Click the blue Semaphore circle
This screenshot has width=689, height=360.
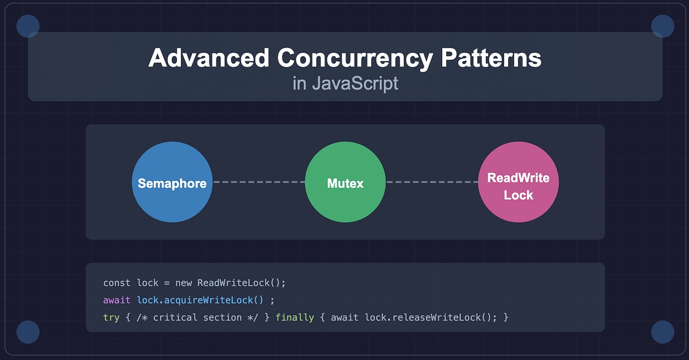pos(172,182)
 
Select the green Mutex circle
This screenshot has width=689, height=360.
pos(345,182)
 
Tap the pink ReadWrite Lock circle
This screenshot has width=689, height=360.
pos(518,182)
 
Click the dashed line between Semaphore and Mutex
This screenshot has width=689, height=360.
pos(259,182)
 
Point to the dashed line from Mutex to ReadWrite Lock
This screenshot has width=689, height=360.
pos(432,182)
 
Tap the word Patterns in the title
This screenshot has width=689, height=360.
pos(491,59)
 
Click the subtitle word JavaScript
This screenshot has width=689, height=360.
pos(355,84)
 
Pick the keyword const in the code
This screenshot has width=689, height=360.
pos(117,283)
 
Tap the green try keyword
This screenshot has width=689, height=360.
pos(111,318)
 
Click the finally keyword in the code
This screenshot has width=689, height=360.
pos(295,318)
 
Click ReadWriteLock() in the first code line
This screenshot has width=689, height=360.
pos(241,283)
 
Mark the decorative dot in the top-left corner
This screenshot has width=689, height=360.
pos(28,26)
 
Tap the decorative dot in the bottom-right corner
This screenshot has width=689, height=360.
pos(662,332)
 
